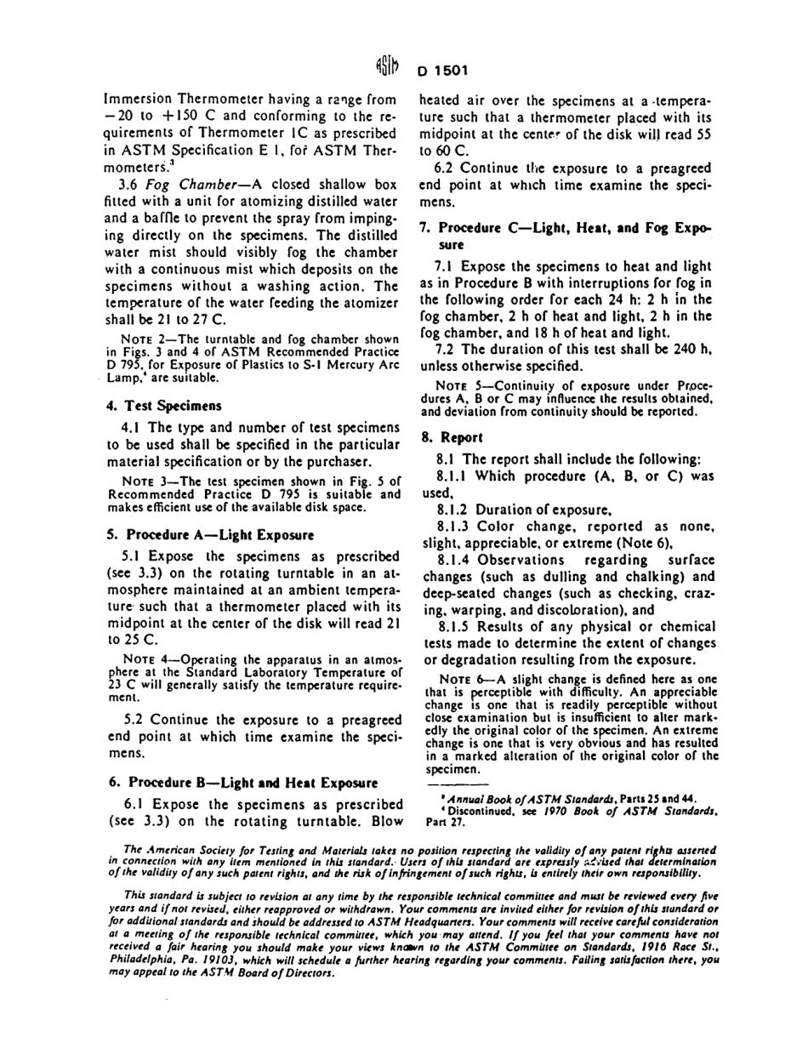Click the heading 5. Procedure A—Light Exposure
[x=210, y=535]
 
